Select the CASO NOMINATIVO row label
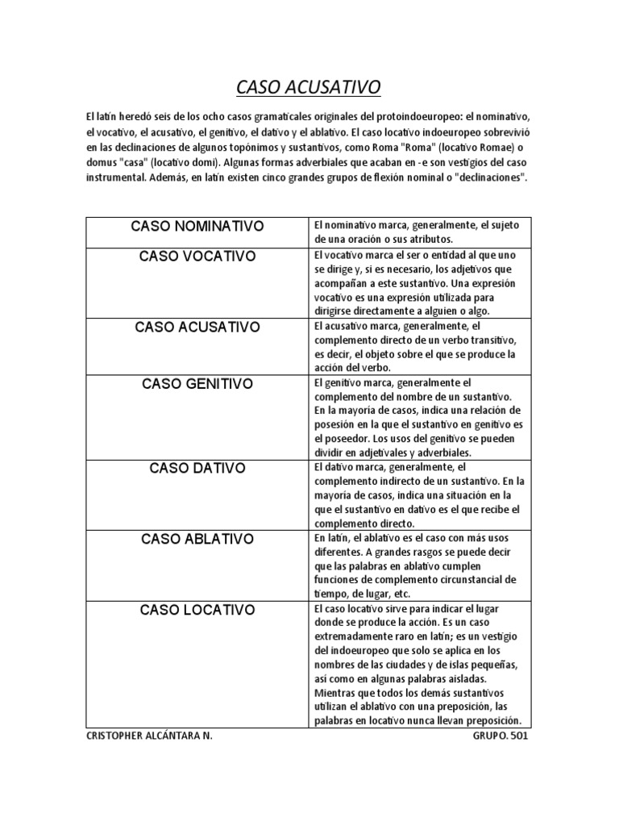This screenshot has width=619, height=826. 197,226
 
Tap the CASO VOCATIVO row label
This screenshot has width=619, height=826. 197,257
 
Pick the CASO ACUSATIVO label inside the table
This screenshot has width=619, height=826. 197,327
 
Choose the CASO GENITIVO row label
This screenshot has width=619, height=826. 197,383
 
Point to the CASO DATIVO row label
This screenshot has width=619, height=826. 197,468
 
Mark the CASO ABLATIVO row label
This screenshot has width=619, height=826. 197,538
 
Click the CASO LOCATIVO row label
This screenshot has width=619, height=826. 197,609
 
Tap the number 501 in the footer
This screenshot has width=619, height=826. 520,737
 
